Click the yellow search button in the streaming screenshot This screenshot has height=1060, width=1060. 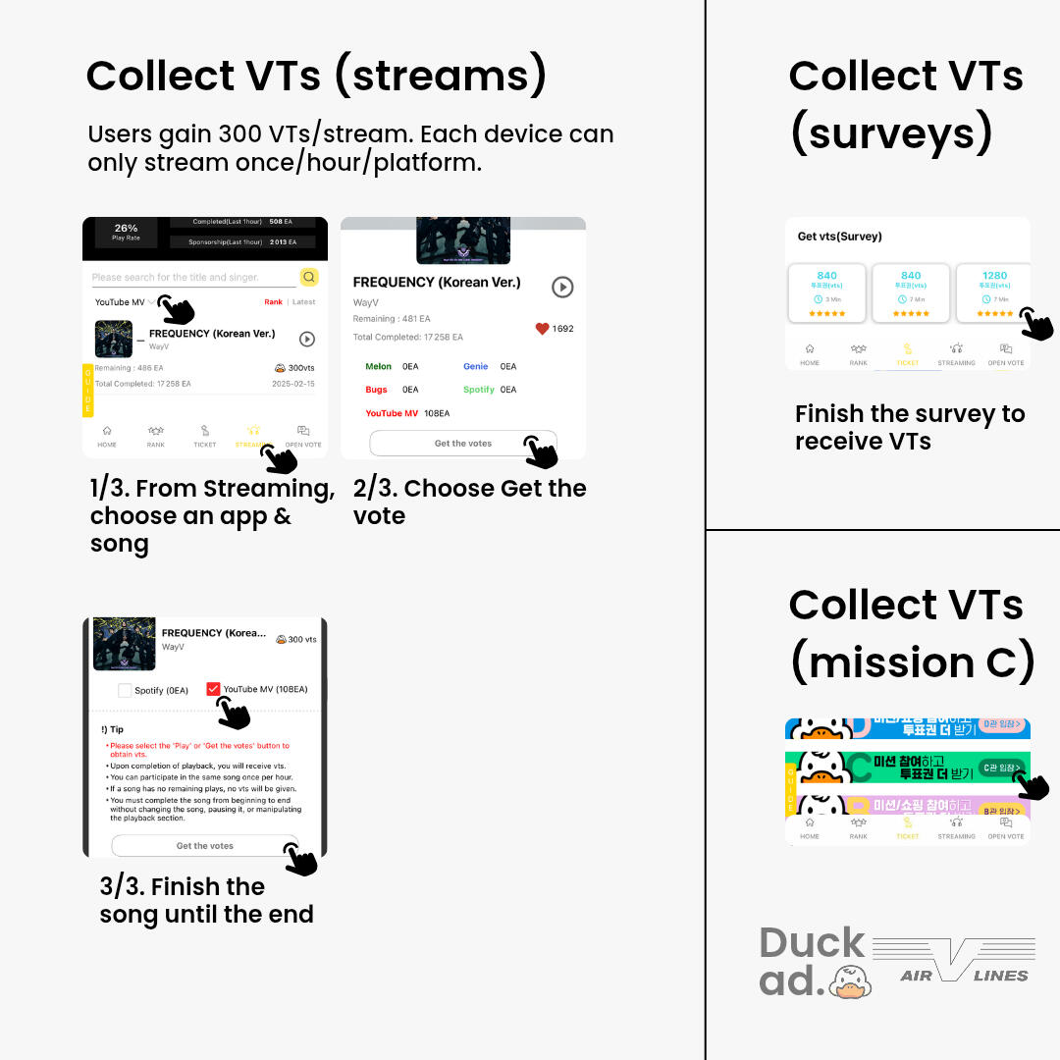click(309, 277)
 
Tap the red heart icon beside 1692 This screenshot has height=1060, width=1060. click(542, 329)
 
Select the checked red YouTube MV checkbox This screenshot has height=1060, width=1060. click(213, 689)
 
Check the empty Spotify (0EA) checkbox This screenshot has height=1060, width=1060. click(125, 690)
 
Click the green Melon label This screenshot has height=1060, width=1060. click(378, 366)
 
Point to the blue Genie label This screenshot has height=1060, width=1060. click(475, 366)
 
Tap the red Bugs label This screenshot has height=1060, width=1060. click(376, 390)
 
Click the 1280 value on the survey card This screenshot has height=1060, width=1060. click(994, 276)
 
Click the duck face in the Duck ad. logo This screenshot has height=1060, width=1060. click(850, 980)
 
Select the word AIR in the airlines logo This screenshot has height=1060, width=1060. click(916, 976)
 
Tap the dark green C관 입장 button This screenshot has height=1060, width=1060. click(1000, 768)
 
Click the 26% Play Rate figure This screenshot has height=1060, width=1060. click(126, 228)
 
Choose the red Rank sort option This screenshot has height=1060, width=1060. click(273, 302)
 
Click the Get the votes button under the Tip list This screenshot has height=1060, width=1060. click(204, 845)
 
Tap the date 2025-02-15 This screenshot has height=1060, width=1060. click(293, 384)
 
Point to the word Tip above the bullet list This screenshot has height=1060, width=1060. click(117, 729)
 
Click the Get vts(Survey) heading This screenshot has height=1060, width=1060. click(839, 237)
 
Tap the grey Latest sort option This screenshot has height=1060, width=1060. click(304, 302)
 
